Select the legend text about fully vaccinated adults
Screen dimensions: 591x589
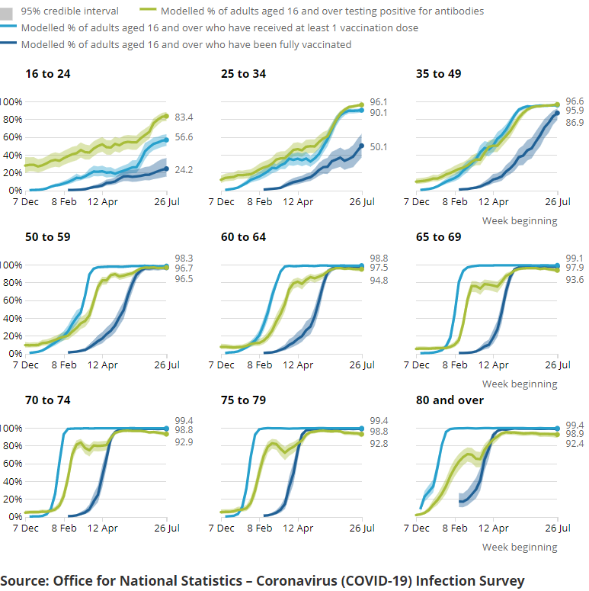pos(187,44)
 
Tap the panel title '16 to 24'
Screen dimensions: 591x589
pos(43,74)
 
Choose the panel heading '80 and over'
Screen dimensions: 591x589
pos(450,400)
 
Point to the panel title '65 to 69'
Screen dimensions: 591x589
pos(438,237)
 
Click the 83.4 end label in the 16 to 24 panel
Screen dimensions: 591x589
pos(184,117)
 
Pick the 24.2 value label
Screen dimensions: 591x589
pos(184,170)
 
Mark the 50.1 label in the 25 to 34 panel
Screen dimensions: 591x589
pos(379,146)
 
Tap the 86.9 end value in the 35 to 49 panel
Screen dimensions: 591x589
pos(574,122)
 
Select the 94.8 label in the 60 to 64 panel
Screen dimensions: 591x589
pos(379,281)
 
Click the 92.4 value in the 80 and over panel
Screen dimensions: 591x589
pos(574,442)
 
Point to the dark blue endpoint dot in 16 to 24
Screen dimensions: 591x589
pos(166,169)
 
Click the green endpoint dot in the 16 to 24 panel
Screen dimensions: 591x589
pos(166,117)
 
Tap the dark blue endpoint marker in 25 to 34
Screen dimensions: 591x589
pos(362,146)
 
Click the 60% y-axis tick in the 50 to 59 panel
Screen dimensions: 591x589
pos(13,300)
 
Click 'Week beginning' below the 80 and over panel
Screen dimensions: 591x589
pos(520,548)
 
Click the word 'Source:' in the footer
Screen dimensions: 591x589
pos(24,581)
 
